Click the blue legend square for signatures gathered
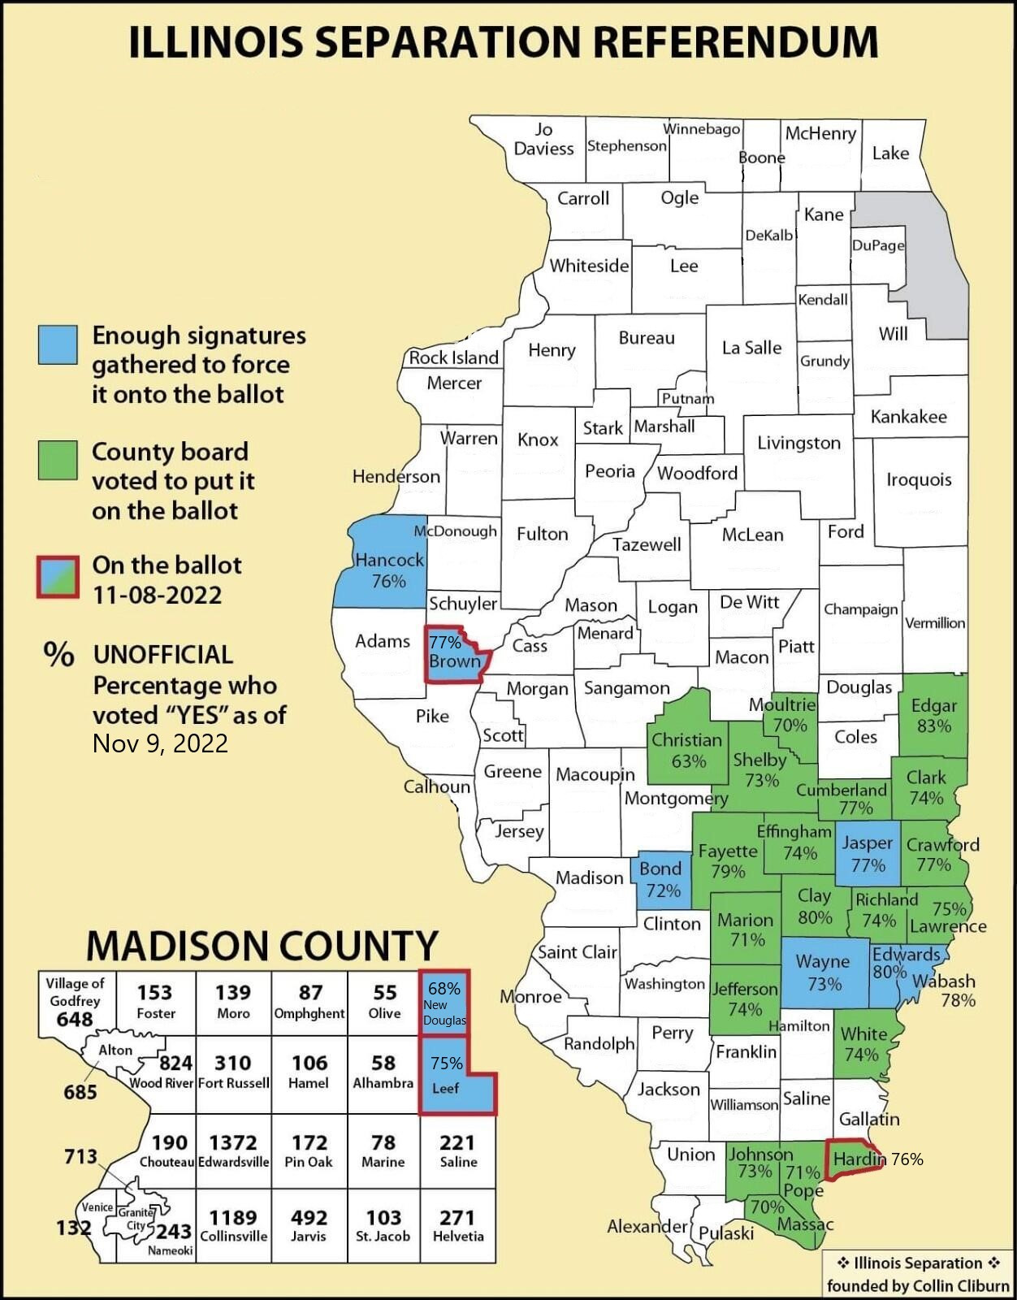[x=58, y=344]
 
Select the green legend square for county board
[x=58, y=460]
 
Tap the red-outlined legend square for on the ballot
[x=58, y=577]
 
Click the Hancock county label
[x=389, y=561]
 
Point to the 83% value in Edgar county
[x=933, y=726]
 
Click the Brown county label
[x=455, y=661]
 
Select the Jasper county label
[x=867, y=843]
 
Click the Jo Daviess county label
[x=543, y=139]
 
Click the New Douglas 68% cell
[x=444, y=1003]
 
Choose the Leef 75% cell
[x=446, y=1074]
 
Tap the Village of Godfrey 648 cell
[x=75, y=1001]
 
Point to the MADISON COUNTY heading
[x=262, y=946]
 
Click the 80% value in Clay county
[x=815, y=917]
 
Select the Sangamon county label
[x=626, y=688]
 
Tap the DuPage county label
[x=877, y=245]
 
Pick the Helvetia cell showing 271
[x=457, y=1225]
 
